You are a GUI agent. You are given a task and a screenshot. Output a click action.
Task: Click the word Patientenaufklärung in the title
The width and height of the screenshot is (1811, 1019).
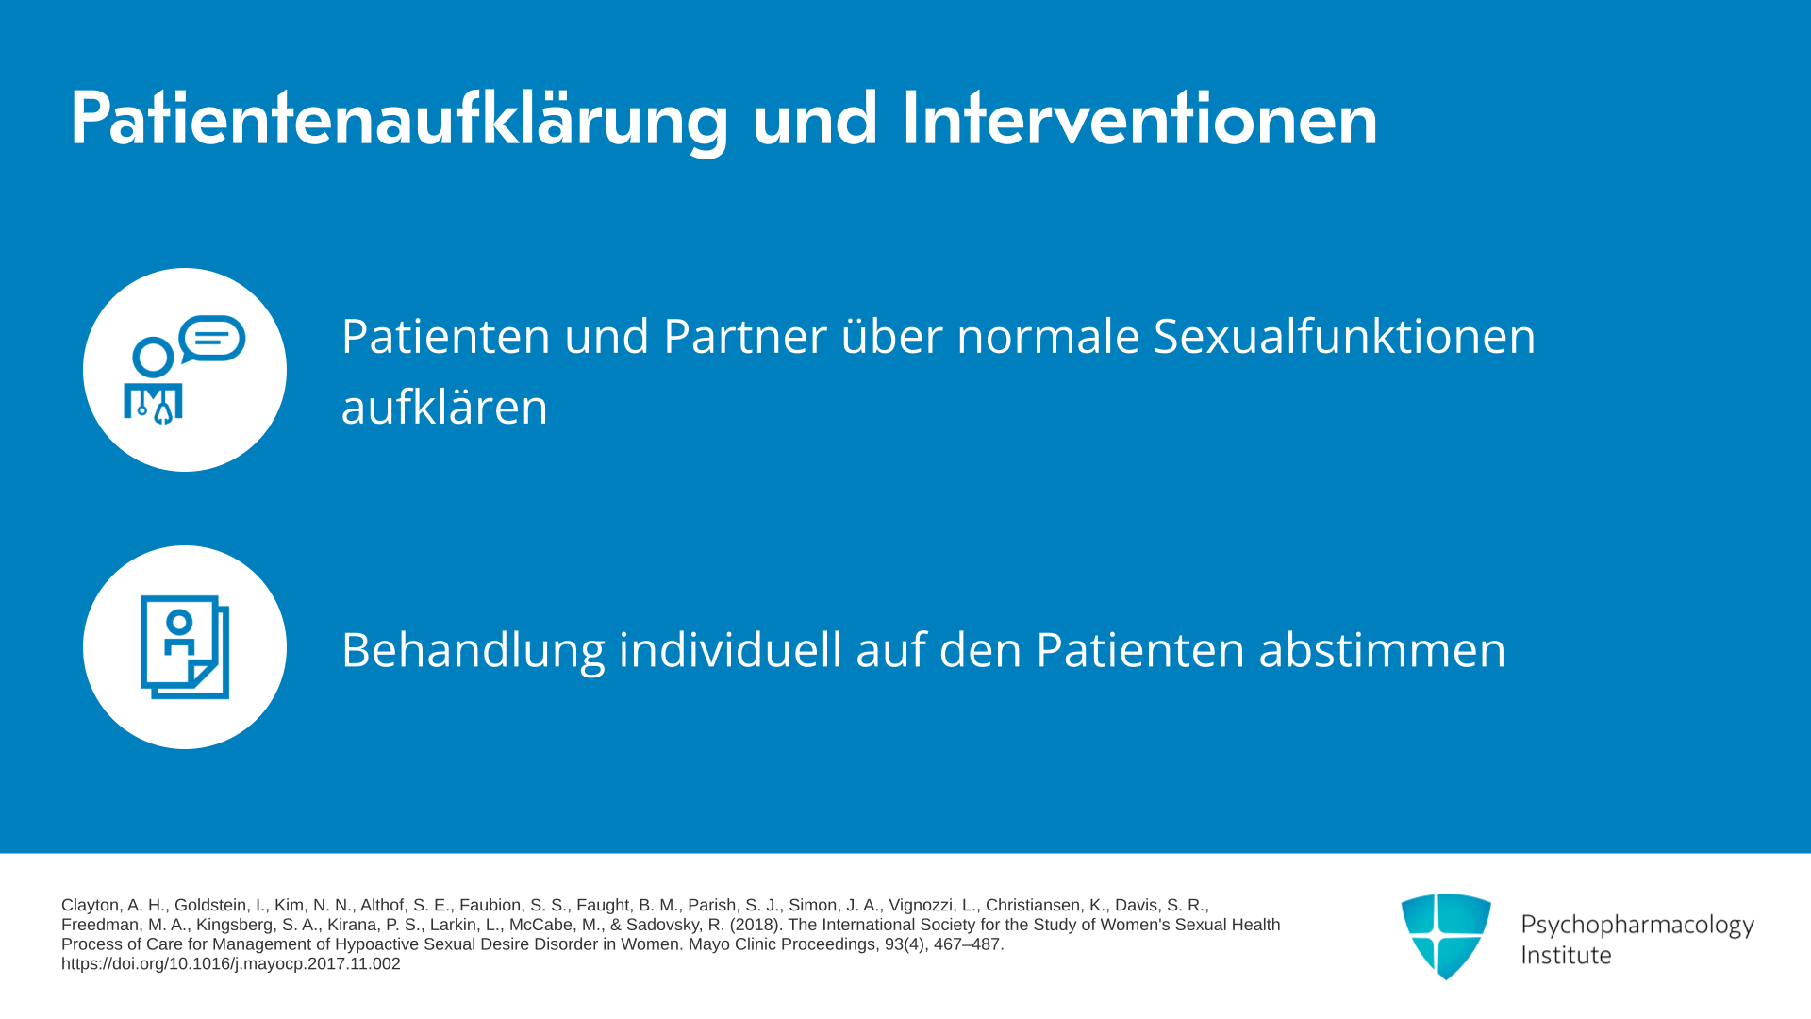point(400,120)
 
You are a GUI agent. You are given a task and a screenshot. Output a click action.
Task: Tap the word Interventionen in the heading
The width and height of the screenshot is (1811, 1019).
point(1139,118)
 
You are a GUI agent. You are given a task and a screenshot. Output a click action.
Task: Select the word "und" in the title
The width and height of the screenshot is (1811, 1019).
point(815,120)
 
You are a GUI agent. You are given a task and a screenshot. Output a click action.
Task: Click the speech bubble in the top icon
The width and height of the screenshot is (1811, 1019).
point(212,339)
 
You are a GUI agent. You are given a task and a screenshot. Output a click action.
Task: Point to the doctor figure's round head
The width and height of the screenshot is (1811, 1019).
point(153,358)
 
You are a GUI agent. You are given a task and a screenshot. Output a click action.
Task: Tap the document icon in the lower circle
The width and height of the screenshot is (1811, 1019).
point(185,647)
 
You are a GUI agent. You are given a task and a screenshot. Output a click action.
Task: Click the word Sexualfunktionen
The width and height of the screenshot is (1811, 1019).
point(1344,336)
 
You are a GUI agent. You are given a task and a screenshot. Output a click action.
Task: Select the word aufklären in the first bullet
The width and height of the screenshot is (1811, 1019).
point(444,407)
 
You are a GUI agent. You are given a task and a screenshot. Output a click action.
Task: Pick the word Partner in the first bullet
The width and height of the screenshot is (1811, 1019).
point(745,336)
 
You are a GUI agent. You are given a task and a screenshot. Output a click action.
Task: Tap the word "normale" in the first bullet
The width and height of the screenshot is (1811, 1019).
point(1048,336)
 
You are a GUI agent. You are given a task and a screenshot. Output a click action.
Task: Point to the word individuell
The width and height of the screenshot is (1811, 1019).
point(730,650)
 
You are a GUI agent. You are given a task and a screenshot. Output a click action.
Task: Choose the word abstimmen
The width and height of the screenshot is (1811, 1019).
point(1383,650)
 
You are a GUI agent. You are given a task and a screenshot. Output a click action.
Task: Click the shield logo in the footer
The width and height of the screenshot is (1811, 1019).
point(1446,936)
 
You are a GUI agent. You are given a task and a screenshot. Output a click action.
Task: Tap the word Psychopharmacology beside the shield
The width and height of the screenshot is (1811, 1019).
point(1637,925)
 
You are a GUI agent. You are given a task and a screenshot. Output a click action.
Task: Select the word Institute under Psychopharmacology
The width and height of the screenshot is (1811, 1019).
point(1566,955)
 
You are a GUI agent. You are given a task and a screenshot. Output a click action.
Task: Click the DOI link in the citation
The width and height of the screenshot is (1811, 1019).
point(231,964)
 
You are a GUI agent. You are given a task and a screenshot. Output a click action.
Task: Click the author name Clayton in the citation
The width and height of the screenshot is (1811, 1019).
point(91,906)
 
